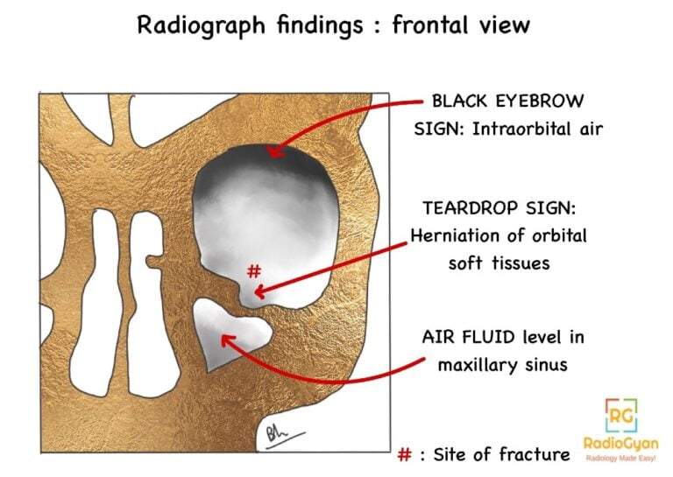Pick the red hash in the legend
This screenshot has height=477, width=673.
click(405, 454)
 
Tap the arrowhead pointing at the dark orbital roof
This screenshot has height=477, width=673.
click(273, 152)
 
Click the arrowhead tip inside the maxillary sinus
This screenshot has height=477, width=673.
click(223, 337)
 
